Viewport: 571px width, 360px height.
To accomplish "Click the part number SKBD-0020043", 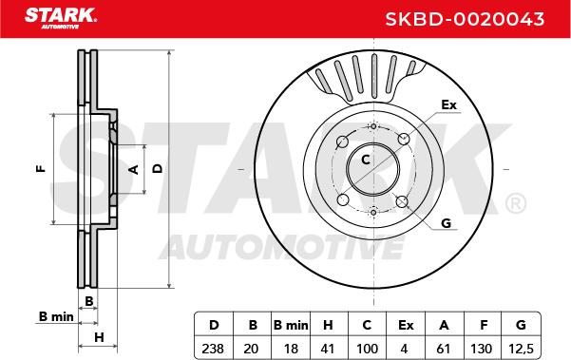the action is tap(465, 19).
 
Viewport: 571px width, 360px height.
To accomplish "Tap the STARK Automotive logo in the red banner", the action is tap(61, 18).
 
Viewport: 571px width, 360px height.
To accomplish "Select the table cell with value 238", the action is tap(213, 349).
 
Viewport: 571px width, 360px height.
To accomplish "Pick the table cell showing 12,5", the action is tap(521, 349).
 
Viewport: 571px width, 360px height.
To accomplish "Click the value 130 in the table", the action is tap(482, 349).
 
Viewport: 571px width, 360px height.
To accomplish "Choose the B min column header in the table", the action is tap(291, 325).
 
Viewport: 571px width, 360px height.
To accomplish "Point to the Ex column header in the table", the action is tap(406, 325).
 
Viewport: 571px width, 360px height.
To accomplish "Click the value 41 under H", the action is tap(328, 349).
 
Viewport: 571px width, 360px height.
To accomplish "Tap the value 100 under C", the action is tap(367, 349).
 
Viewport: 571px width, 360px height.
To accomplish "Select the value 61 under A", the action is tap(444, 349).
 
